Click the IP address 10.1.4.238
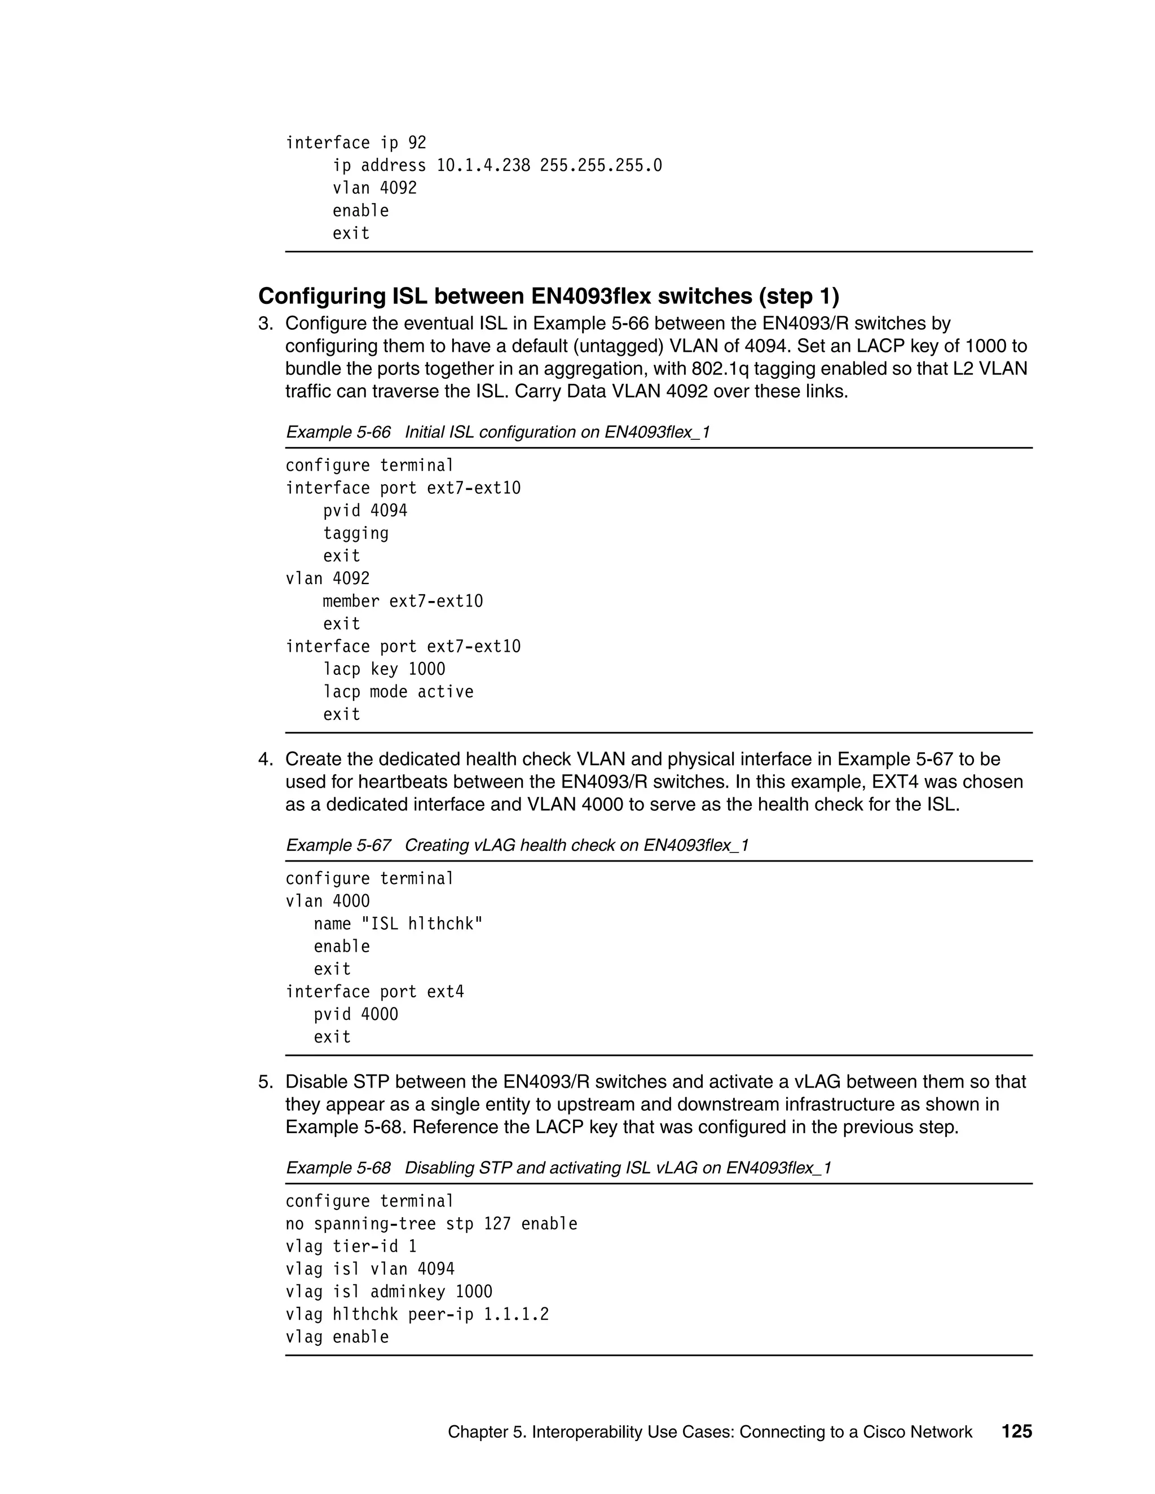(483, 166)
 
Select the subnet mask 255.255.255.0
(600, 166)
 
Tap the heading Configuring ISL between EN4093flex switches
(548, 296)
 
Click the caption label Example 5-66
(338, 432)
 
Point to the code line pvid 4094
(365, 511)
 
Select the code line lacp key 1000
(384, 669)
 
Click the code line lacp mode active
(398, 692)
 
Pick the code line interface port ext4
(374, 992)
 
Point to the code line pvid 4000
(355, 1014)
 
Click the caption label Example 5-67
(338, 846)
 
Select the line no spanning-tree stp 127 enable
(431, 1224)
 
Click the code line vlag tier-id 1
(350, 1247)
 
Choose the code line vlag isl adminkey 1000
(389, 1292)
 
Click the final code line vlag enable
(337, 1337)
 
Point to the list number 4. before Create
(265, 759)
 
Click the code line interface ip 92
(355, 143)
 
